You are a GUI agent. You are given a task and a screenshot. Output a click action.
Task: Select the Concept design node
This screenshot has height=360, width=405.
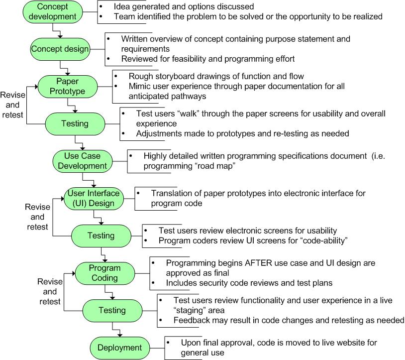coord(60,49)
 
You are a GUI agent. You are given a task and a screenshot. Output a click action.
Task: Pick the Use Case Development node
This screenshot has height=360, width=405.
coord(82,160)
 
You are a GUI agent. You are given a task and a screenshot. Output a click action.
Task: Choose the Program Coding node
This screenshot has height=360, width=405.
coord(104,273)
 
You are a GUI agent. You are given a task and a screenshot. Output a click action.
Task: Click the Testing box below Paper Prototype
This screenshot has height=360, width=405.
coord(75,123)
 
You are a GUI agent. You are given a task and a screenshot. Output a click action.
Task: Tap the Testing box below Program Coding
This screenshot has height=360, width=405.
coord(112,310)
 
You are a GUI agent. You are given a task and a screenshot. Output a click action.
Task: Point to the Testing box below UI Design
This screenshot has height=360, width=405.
coord(101,236)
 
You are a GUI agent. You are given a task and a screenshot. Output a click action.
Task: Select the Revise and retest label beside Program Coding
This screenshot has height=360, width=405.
coord(50,291)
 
